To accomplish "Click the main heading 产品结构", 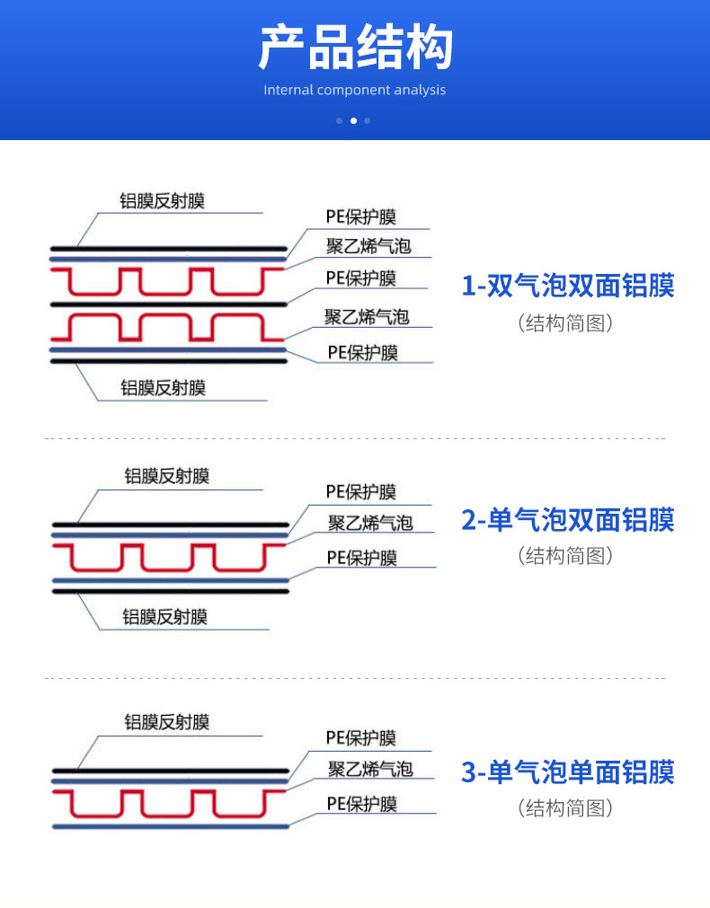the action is tap(355, 48).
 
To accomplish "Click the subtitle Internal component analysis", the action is tap(355, 90).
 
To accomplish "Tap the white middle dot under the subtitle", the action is tap(353, 120).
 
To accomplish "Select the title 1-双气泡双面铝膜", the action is tap(567, 286).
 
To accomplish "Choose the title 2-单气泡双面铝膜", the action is tap(567, 520).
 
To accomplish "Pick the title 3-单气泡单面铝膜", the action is tap(567, 771).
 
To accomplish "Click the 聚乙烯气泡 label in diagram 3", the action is tap(369, 769).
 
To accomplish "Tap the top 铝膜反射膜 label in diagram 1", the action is tap(163, 201).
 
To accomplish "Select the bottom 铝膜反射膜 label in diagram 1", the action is tap(163, 388).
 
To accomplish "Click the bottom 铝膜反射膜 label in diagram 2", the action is tap(164, 617).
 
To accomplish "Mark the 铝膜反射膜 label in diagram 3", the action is tap(166, 722).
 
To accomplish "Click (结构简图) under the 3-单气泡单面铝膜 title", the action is tap(566, 807).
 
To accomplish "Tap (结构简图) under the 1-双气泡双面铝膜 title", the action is tap(566, 322).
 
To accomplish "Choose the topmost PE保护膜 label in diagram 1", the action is tap(360, 217).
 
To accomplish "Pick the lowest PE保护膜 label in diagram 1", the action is tap(361, 352).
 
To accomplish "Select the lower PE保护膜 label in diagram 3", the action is tap(360, 804).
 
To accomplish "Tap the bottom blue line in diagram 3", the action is tap(171, 825).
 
